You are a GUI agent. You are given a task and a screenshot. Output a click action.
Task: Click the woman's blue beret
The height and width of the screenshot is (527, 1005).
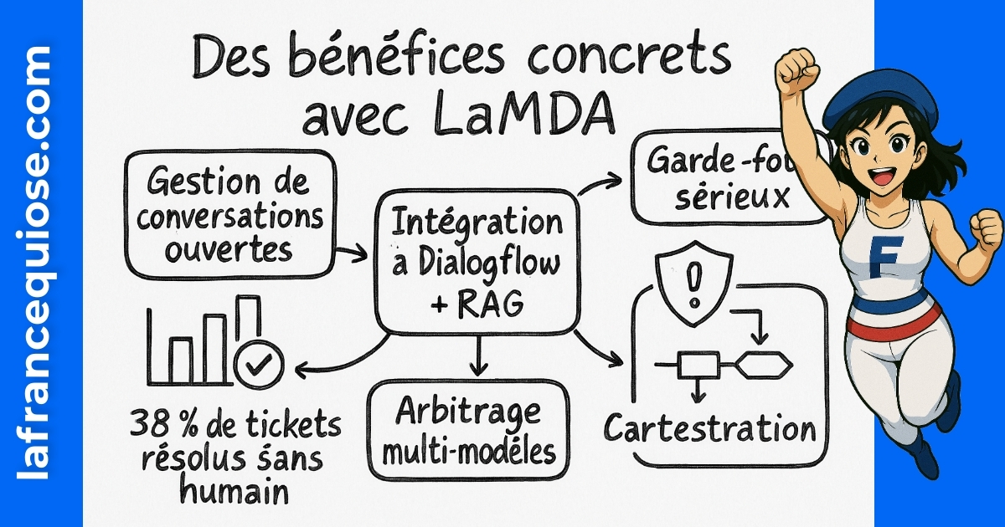(871, 92)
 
